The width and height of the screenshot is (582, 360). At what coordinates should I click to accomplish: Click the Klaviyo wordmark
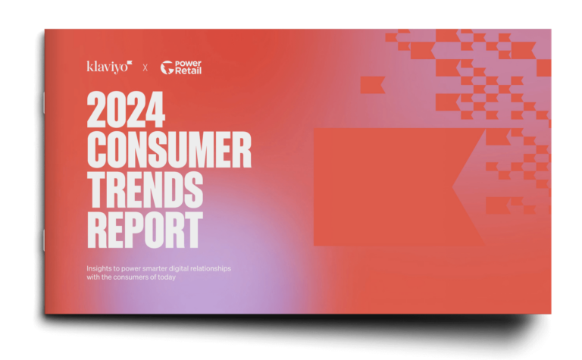(x=107, y=67)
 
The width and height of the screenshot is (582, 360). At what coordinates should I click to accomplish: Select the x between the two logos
(x=145, y=68)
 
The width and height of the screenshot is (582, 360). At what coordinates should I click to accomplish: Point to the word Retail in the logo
(x=189, y=71)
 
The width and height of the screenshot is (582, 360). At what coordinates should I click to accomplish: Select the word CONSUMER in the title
(x=169, y=152)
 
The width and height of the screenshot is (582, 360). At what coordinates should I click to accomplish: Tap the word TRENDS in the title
(x=145, y=191)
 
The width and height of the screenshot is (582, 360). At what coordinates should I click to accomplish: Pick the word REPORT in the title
(x=145, y=230)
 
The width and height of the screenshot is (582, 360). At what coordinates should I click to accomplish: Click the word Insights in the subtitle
(x=99, y=268)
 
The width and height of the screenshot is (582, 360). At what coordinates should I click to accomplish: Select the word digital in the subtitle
(x=192, y=268)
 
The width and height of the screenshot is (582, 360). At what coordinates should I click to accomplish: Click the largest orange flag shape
(x=394, y=186)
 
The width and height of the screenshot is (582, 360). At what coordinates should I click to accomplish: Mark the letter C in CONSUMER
(x=99, y=152)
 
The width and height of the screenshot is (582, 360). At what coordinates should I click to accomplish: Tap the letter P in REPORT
(x=145, y=230)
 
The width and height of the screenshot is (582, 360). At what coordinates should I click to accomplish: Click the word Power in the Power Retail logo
(x=189, y=64)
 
